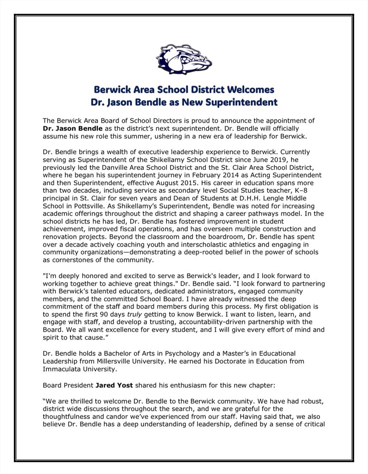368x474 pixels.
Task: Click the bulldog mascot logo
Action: (x=184, y=60)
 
